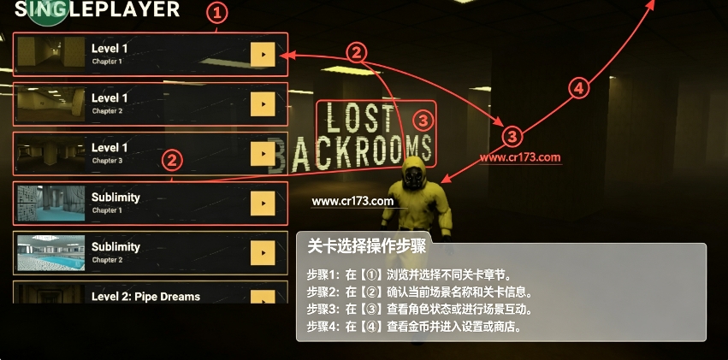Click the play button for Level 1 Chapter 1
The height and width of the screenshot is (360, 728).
263,54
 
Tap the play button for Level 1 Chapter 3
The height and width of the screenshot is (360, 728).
263,154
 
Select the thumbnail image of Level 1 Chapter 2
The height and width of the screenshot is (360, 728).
51,104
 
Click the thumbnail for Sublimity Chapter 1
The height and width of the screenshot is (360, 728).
51,204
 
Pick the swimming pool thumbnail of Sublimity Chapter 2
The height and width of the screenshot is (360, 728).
51,253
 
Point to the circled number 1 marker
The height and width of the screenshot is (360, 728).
216,14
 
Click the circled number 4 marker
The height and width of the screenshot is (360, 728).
578,88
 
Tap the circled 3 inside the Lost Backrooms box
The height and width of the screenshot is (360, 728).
423,121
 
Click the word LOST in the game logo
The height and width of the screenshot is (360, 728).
360,118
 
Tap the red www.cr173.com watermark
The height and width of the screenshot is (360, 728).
520,157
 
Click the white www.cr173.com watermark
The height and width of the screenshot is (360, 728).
352,201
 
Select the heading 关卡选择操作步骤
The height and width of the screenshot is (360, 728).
366,246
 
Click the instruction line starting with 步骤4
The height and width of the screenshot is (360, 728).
414,327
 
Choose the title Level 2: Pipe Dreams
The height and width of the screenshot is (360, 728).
145,297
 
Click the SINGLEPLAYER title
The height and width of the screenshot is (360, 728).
97,9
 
